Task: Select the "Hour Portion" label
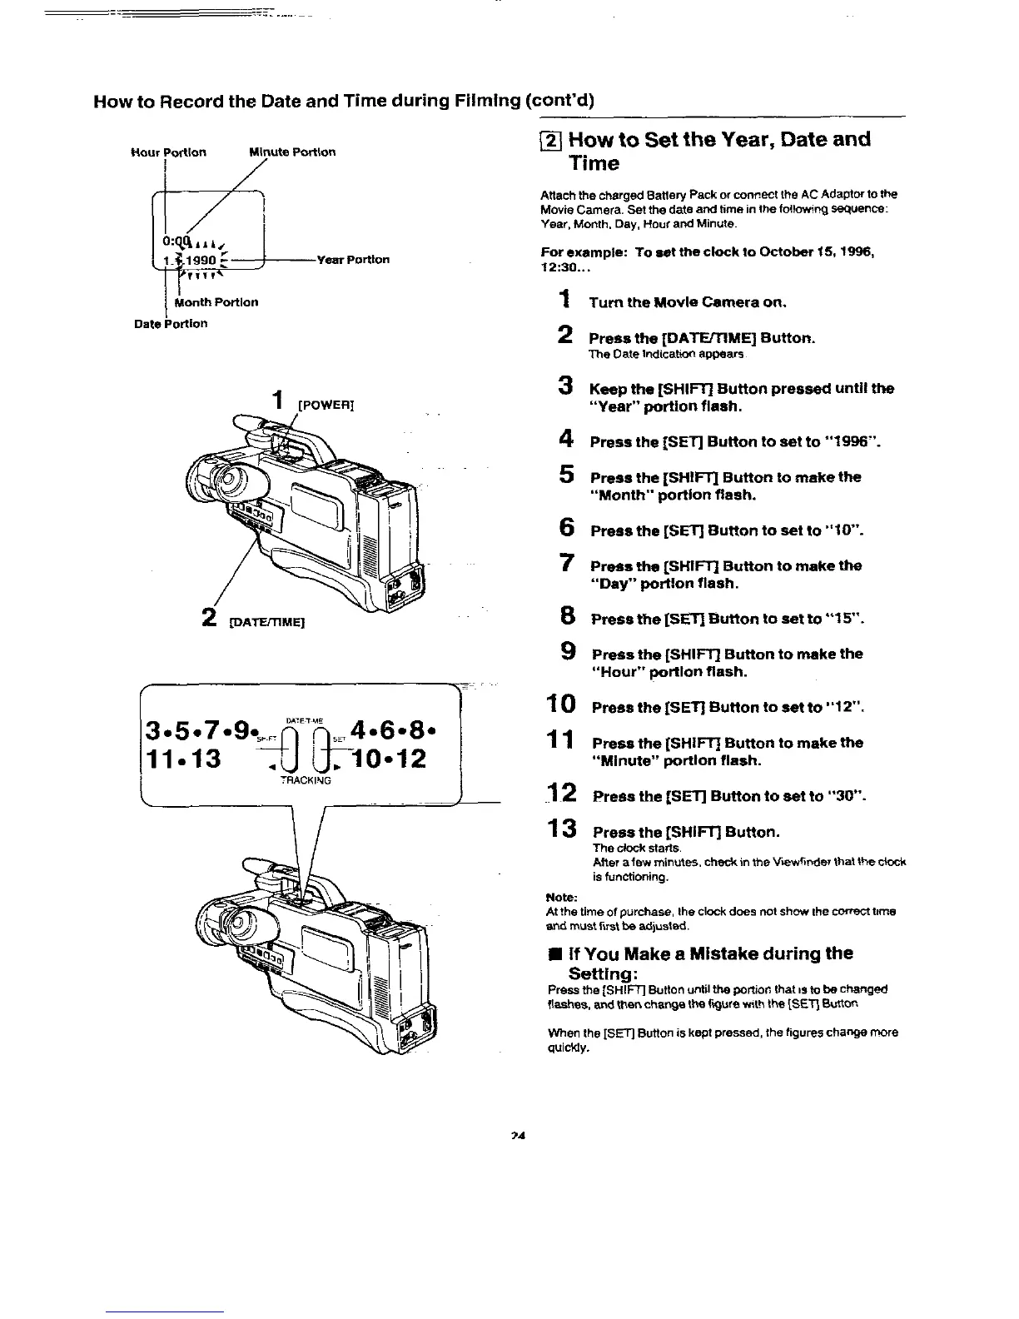[169, 152]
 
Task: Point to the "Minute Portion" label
[292, 152]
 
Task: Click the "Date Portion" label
[171, 324]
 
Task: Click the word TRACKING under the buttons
[306, 780]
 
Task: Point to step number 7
[565, 564]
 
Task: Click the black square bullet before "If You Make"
[553, 953]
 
